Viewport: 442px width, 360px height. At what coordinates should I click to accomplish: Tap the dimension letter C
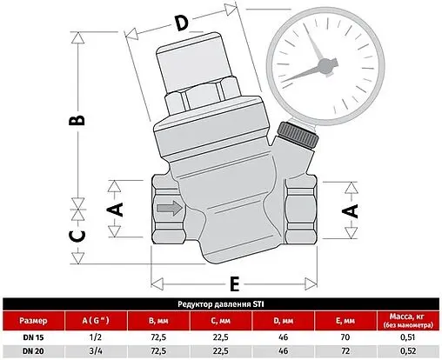tap(77, 234)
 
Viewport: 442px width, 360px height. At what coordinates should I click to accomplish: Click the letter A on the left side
tap(117, 209)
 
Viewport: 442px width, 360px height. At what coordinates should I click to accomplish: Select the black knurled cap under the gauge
tap(293, 137)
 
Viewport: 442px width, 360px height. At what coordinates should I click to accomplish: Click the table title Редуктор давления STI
tap(220, 303)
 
